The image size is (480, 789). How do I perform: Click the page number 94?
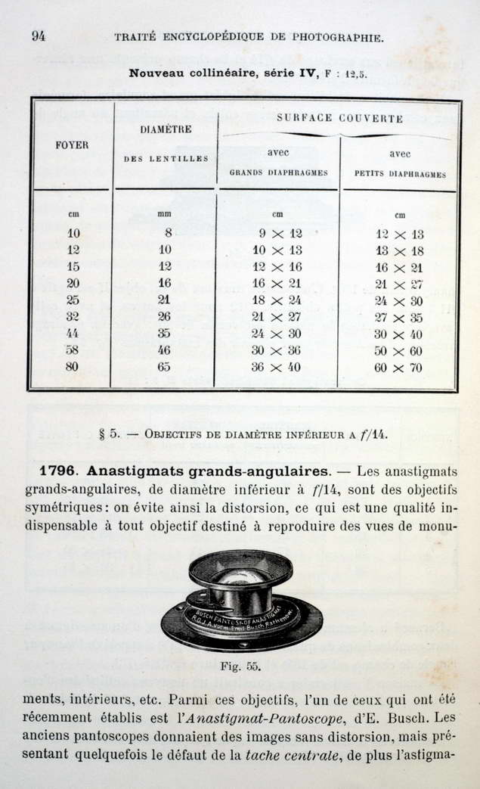pos(38,36)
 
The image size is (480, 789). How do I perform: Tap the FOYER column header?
pos(73,144)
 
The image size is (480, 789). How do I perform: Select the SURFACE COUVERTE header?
pos(339,118)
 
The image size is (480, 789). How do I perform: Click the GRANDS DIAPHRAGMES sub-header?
pos(278,172)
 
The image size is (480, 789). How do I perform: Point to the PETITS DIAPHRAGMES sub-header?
pos(400,173)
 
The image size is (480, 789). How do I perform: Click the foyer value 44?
pos(73,333)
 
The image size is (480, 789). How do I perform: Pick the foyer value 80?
pos(73,368)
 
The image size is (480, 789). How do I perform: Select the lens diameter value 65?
pos(164,368)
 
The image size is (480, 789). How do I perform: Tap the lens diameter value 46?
pos(164,350)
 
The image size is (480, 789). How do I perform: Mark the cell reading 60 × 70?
pos(399,368)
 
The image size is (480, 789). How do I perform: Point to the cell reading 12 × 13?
pos(399,235)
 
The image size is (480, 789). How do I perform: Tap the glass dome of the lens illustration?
pos(240,577)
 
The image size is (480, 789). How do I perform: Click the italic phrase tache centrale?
pos(292,753)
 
